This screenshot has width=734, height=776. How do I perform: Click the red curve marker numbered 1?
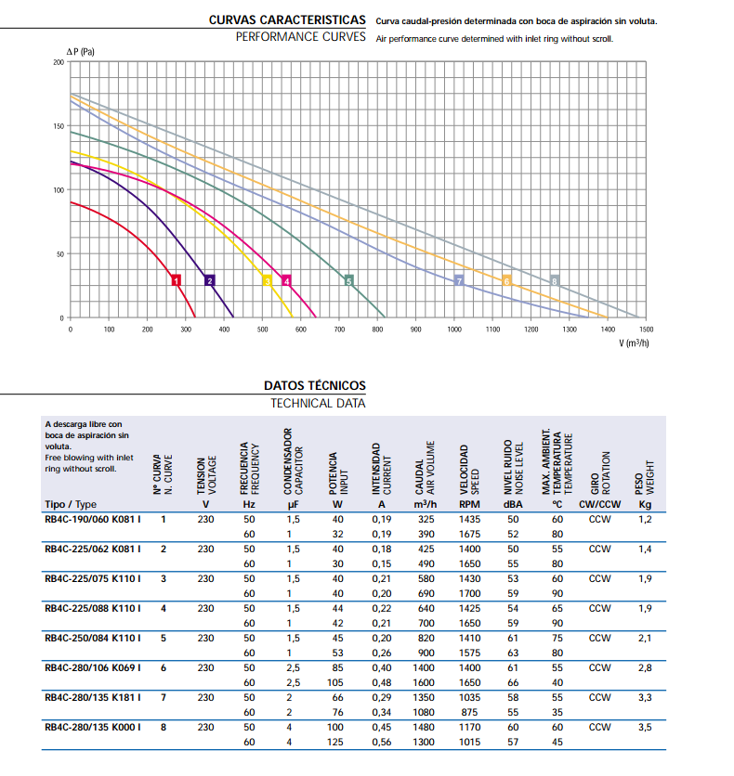[x=175, y=280]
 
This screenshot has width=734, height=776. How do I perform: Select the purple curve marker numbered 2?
[x=210, y=280]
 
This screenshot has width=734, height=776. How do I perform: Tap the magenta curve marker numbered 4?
[x=286, y=280]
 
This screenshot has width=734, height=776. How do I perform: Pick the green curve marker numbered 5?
[x=348, y=280]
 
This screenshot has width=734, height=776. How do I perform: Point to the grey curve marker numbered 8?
[x=555, y=280]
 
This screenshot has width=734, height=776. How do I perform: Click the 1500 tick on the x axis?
[x=647, y=329]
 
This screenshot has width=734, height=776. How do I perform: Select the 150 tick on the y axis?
[x=59, y=125]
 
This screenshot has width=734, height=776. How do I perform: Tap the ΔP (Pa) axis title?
[x=81, y=50]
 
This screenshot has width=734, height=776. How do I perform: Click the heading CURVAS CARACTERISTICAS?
[x=288, y=19]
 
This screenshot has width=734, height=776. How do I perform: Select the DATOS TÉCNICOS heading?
[x=315, y=385]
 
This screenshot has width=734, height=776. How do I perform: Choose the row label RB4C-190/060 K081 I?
[x=93, y=519]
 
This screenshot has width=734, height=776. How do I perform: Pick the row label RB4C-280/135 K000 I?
[x=93, y=728]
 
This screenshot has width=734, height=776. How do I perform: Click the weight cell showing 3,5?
[x=645, y=728]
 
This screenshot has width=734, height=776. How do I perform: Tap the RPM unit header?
[x=469, y=504]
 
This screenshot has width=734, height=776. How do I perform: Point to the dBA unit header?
[x=513, y=504]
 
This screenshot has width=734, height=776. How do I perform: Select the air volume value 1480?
[x=426, y=728]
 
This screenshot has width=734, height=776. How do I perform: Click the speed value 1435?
[x=469, y=519]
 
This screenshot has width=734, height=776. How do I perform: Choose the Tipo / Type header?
[x=71, y=504]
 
